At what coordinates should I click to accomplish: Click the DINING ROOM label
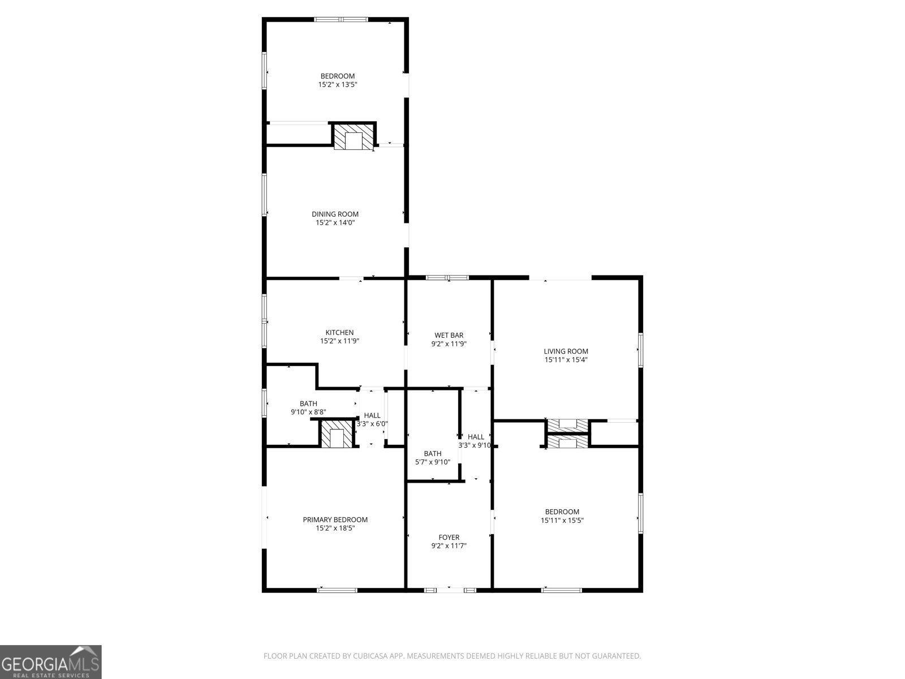335,214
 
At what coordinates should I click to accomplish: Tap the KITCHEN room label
339,332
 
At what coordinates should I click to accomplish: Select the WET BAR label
449,335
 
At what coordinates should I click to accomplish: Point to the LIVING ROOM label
566,351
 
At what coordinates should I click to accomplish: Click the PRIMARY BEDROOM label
335,519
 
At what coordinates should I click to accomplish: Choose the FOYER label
449,537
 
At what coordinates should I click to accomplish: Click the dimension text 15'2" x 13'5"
338,85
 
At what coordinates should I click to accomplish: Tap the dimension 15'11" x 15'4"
566,360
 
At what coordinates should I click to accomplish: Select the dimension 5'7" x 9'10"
433,462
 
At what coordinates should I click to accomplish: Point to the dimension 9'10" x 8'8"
308,412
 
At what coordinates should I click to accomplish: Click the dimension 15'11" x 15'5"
562,521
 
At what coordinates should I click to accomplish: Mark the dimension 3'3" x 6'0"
372,424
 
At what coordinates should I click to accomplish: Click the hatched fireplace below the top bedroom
354,137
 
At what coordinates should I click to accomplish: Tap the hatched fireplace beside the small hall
337,435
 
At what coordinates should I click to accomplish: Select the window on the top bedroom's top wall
341,20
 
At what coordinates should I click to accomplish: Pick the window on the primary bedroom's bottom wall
337,590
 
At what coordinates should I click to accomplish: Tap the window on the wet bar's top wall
447,277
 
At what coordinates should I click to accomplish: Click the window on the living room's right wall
641,350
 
